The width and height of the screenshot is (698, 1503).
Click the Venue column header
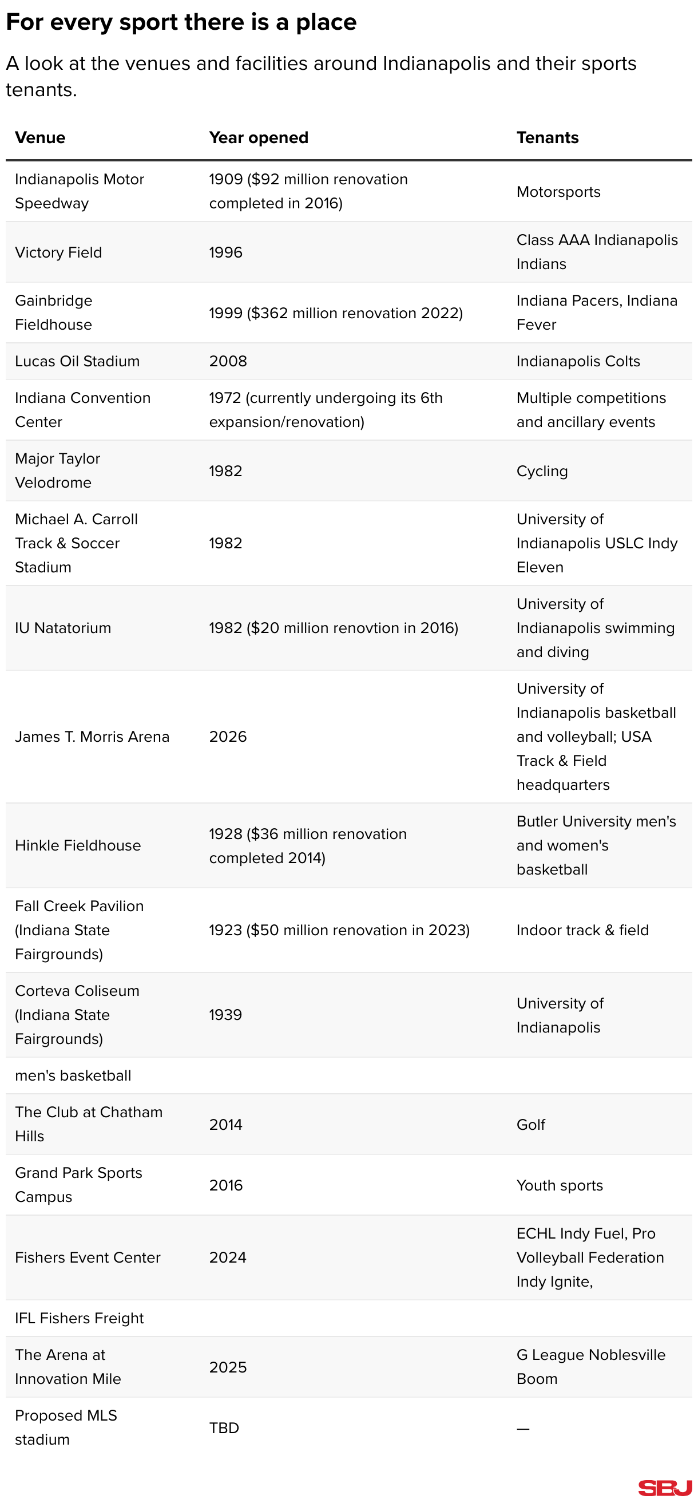(x=40, y=138)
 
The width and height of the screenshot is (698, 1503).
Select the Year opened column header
(x=259, y=138)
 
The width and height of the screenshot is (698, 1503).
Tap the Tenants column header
(x=547, y=138)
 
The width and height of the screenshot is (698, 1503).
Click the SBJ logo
(x=665, y=1488)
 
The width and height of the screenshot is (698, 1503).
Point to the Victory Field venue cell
(x=58, y=252)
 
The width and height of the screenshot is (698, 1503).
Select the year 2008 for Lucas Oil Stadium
(x=228, y=361)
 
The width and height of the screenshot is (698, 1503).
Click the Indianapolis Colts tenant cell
(x=578, y=361)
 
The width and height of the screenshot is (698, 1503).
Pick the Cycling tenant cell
(x=542, y=471)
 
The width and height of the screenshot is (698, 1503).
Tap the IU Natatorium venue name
(x=63, y=628)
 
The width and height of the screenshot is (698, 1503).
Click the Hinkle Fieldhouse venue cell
(x=78, y=845)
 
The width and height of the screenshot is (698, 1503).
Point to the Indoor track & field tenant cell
(x=582, y=930)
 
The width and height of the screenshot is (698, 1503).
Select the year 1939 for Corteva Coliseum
(x=225, y=1015)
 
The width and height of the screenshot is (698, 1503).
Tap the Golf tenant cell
(x=530, y=1124)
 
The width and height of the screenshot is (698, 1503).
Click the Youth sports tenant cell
(x=559, y=1185)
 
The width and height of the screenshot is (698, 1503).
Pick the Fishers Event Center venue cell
(x=88, y=1257)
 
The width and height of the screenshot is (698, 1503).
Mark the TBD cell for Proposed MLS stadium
(x=224, y=1427)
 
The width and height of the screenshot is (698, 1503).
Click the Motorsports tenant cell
(x=558, y=192)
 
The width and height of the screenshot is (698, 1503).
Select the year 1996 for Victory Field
(x=225, y=252)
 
